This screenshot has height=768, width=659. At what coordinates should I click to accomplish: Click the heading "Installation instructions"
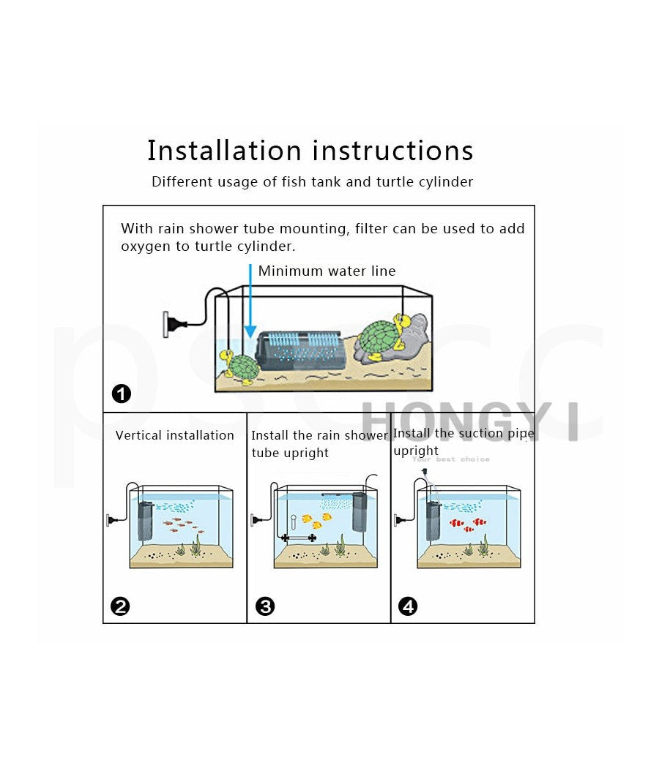point(310,151)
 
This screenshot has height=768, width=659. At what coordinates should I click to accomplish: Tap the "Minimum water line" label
point(327,271)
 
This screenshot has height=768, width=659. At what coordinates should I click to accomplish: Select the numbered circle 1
point(122,394)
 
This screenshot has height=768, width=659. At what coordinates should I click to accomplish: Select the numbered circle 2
point(120,606)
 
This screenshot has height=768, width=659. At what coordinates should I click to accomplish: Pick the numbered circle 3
point(264,606)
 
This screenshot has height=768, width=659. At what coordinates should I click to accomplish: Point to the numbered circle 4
point(408,606)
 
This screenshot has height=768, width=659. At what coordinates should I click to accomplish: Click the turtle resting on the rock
point(382,339)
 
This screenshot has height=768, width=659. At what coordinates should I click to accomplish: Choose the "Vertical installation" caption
point(175,435)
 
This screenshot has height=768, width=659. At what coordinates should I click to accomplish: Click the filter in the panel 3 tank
point(360,512)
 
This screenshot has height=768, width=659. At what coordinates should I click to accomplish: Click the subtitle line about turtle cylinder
point(313,182)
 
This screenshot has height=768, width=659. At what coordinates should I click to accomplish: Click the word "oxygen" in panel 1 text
point(144,246)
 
